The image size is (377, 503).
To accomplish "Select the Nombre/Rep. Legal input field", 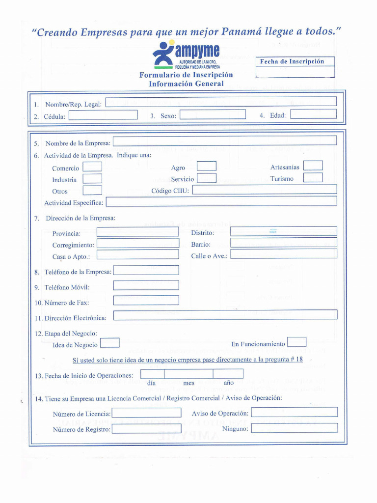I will [x=221, y=102].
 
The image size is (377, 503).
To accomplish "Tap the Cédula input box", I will [x=103, y=115].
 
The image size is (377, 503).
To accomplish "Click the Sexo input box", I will [x=213, y=115].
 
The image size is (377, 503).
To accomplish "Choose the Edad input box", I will [x=313, y=114].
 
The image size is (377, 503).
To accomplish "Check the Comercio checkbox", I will [x=92, y=168].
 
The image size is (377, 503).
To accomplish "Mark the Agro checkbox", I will [x=207, y=167].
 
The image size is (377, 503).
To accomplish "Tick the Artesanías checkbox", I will [x=313, y=166].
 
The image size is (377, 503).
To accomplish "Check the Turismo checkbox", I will [x=313, y=178].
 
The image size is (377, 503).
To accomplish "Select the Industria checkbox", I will [x=92, y=179].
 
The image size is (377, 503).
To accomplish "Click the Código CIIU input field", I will [x=265, y=190].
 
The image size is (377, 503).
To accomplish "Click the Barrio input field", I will [x=284, y=243].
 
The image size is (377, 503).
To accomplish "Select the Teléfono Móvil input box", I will [x=146, y=286].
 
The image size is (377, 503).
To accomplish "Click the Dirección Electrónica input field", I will [x=225, y=315].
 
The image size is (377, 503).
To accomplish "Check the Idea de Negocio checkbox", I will [x=109, y=343].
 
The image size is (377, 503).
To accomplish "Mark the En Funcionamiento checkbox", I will [x=296, y=342].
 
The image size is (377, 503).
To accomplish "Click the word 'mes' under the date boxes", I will [x=188, y=383].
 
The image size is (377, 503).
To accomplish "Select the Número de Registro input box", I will [x=146, y=428].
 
